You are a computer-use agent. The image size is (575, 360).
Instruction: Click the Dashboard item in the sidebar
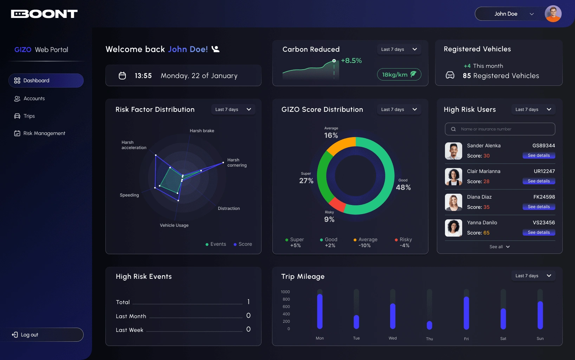[x=46, y=81]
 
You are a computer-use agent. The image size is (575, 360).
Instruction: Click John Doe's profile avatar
[x=553, y=14]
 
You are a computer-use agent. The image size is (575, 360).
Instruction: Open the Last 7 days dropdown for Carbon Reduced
[x=399, y=49]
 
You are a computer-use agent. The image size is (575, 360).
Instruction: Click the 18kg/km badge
[x=399, y=75]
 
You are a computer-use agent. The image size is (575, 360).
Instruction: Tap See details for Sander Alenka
[x=538, y=155]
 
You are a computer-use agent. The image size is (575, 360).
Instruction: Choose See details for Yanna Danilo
[x=538, y=232]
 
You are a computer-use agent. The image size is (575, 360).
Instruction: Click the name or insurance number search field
[x=500, y=129]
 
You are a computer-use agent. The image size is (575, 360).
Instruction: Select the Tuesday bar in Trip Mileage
[x=356, y=322]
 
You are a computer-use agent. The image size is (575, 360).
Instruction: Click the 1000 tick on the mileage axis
[x=285, y=292]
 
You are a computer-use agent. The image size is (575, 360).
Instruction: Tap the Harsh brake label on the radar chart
[x=202, y=131]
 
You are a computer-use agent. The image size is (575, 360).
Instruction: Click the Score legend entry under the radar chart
[x=243, y=244]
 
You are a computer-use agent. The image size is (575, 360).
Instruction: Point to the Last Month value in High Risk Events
[x=248, y=316]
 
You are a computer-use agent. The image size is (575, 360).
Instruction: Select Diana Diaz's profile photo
[x=453, y=202]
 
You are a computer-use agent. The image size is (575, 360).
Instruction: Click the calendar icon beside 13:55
[x=122, y=76]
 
